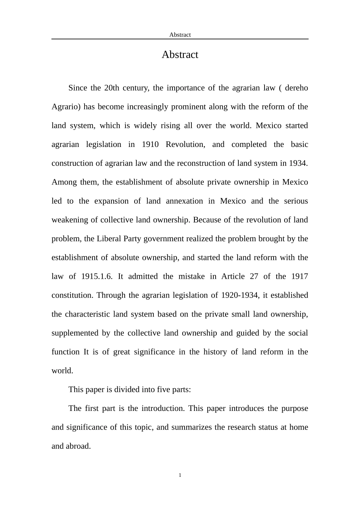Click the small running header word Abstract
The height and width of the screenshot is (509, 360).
click(180, 35)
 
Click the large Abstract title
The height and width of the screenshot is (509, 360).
click(180, 55)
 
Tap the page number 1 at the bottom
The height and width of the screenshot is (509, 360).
click(180, 475)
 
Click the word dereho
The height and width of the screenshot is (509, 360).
click(296, 88)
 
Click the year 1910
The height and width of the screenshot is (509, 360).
click(150, 145)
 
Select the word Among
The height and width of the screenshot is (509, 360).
click(64, 182)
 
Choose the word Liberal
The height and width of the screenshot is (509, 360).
click(109, 239)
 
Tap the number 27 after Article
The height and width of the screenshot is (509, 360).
click(254, 276)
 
